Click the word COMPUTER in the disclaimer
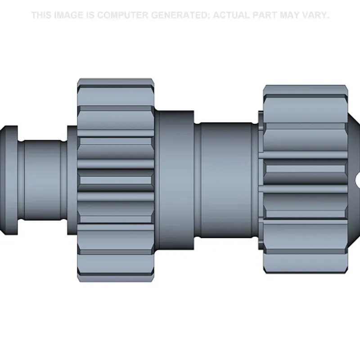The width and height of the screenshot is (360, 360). click(x=123, y=15)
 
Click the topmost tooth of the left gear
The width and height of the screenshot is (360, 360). click(x=116, y=82)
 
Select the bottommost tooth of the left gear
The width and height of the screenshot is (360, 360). click(x=116, y=278)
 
